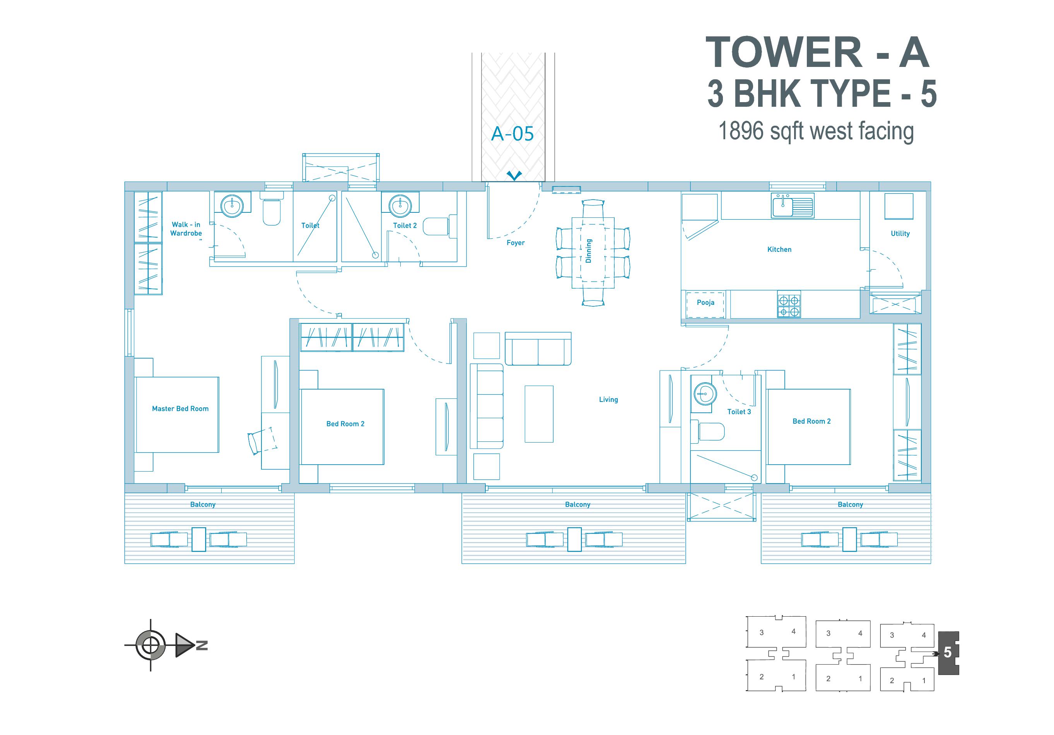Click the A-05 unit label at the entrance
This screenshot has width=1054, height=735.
512,133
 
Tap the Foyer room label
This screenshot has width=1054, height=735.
516,243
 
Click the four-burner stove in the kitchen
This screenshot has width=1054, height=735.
789,304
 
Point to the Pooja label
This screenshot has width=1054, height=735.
706,303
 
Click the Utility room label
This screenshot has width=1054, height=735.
900,233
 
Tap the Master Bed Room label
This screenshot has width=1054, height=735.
180,409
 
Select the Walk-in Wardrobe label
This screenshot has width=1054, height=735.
186,229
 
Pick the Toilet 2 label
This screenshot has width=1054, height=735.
405,226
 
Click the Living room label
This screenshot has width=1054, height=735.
608,399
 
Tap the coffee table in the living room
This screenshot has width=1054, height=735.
539,414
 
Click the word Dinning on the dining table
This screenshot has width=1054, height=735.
589,251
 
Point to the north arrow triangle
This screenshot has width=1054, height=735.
185,645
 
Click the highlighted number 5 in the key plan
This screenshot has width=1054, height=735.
948,652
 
